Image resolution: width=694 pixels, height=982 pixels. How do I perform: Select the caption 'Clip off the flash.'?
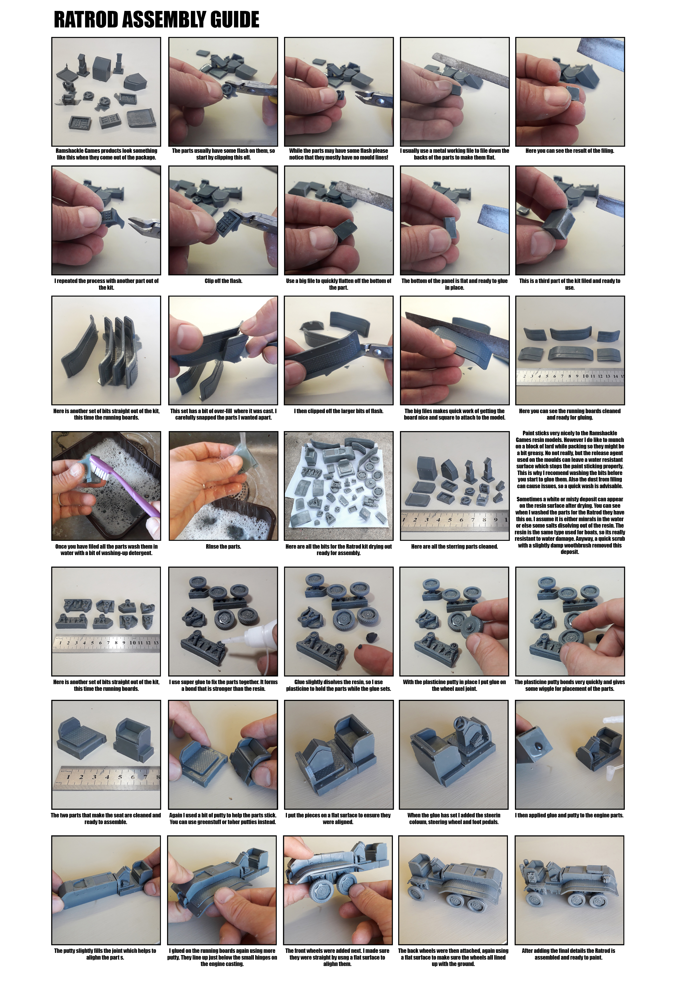[223, 281]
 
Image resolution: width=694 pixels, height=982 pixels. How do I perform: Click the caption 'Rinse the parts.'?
[223, 547]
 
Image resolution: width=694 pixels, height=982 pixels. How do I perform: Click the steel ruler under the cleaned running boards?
[570, 377]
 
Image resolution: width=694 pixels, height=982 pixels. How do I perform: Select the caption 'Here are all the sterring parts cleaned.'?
[454, 547]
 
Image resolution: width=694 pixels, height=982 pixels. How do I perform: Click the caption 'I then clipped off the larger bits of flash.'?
[339, 411]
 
